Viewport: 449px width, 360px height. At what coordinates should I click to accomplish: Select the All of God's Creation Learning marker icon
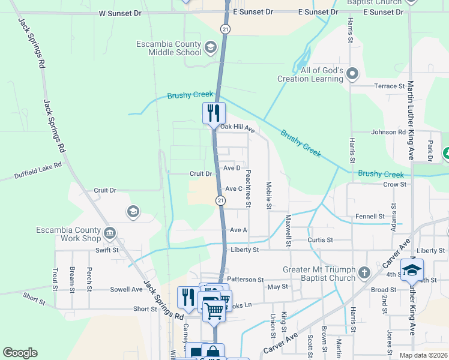(352, 74)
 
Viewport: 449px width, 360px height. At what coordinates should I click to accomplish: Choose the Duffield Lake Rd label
(38, 171)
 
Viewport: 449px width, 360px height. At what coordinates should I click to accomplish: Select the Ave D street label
(232, 168)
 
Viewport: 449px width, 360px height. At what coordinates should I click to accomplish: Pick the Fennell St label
(370, 216)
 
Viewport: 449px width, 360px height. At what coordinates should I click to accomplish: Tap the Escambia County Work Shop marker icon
(110, 233)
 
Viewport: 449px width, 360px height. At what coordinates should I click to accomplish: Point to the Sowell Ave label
(126, 289)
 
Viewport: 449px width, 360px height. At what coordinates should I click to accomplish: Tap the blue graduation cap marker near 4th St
(412, 270)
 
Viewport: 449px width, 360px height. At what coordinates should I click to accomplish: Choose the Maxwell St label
(288, 231)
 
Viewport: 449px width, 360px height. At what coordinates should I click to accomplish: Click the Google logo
(20, 353)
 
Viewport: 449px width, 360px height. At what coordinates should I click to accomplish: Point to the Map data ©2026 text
(422, 355)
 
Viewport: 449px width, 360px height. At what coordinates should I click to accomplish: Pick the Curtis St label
(320, 240)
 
